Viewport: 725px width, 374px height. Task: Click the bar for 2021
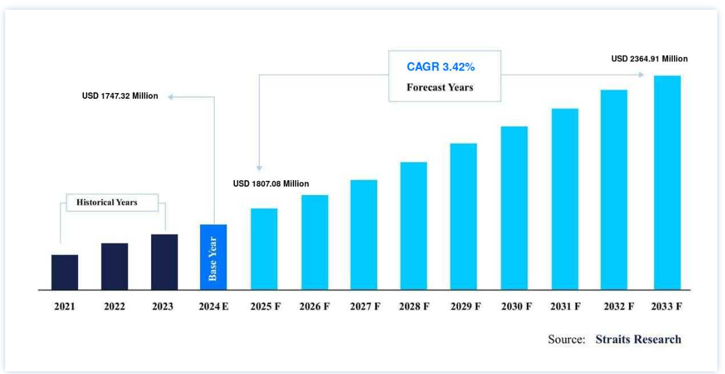pos(65,272)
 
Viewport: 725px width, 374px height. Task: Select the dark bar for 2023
pos(164,262)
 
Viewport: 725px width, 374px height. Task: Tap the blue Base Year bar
pos(213,257)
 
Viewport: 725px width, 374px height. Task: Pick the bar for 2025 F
pos(264,249)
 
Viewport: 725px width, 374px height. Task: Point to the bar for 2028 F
pos(413,225)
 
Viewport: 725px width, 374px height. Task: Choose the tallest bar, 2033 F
pos(667,183)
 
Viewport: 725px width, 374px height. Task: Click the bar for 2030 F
pos(514,208)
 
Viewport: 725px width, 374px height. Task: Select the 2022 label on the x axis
pos(114,307)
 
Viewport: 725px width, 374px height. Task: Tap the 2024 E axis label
pos(214,307)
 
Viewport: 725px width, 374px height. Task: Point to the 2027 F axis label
pos(364,307)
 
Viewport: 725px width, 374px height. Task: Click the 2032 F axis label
pos(617,307)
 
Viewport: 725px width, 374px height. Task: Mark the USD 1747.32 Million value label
pos(120,96)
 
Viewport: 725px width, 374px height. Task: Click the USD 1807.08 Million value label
pos(271,184)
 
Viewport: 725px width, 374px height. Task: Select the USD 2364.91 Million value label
pos(650,59)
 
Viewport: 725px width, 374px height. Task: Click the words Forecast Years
pos(439,87)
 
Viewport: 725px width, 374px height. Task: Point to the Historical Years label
pos(107,202)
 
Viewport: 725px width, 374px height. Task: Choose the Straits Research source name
pos(638,339)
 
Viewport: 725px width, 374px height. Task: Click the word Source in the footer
pos(566,339)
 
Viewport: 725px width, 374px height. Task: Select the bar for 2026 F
pos(315,242)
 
